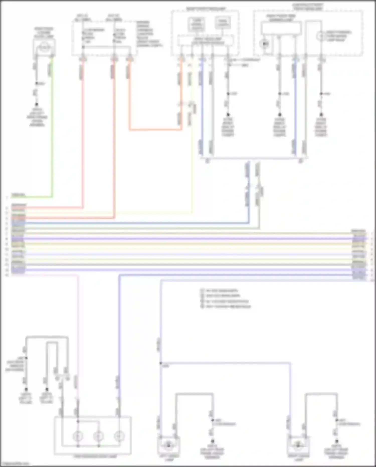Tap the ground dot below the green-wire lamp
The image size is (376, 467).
(37, 104)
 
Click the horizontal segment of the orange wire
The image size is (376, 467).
(155, 130)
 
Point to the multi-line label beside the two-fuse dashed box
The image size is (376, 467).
(149, 34)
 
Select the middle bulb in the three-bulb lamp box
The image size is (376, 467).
(99, 437)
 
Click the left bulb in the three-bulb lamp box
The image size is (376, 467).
(78, 437)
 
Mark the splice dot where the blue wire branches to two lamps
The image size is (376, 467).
(161, 363)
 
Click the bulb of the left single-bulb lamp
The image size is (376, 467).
(169, 445)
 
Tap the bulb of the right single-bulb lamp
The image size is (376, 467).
(298, 445)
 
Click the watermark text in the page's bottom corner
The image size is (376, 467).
(15, 464)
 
